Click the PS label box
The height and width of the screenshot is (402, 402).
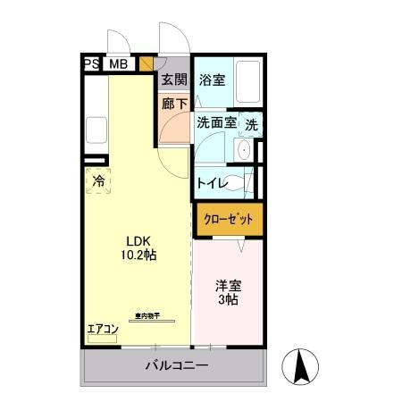(x=90, y=64)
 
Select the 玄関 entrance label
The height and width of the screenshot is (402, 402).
(x=174, y=80)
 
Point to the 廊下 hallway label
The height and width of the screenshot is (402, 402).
(x=174, y=103)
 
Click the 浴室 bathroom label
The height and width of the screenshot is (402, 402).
(x=213, y=80)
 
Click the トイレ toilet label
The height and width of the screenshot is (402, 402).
(x=213, y=182)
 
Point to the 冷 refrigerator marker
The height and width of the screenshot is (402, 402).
(x=98, y=180)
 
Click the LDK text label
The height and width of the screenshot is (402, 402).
(x=138, y=240)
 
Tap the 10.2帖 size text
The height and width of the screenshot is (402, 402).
(x=138, y=255)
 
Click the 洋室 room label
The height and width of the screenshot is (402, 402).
(x=227, y=286)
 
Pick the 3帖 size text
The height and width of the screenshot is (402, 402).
(x=227, y=301)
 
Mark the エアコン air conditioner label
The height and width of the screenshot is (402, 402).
(x=103, y=330)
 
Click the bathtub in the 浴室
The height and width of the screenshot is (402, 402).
(x=248, y=83)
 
